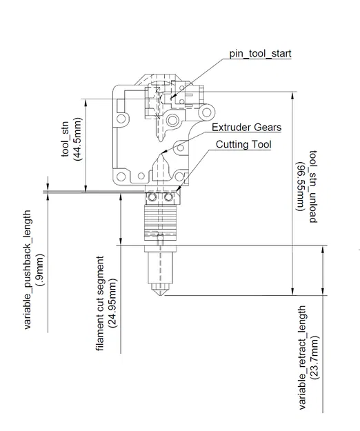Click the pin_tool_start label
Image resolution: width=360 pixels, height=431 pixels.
coord(261,52)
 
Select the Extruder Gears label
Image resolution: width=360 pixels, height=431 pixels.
coord(246,128)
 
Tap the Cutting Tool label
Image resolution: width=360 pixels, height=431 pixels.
coord(243,145)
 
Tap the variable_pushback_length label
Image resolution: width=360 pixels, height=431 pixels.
coord(28,270)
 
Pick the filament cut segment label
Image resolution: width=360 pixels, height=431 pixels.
coord(101,305)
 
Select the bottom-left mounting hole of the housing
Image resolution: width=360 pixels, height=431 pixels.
coord(123,175)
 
